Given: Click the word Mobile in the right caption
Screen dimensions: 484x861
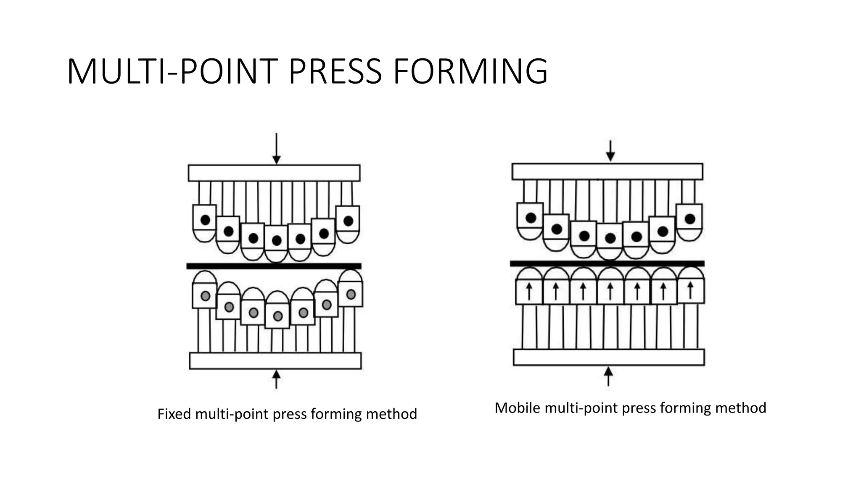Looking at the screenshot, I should tap(517, 408).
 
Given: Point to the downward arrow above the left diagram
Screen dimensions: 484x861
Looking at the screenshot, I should tap(276, 149).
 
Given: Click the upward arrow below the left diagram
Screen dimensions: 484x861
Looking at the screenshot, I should tap(276, 379).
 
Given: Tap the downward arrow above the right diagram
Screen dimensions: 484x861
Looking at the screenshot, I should tap(610, 150).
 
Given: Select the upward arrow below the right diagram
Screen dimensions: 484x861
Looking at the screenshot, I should tap(608, 376).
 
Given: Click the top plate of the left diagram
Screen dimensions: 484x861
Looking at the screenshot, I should tap(274, 173).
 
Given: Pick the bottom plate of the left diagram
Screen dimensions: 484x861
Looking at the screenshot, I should tap(275, 360).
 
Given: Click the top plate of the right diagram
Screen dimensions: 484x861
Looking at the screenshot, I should tap(607, 171).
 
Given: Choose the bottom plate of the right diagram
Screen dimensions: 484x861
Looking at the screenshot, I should tap(609, 357).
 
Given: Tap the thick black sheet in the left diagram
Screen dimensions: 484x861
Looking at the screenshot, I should tap(274, 266).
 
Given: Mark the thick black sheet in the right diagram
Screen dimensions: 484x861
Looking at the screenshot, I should tap(607, 263).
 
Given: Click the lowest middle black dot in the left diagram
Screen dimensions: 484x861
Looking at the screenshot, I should tap(277, 240).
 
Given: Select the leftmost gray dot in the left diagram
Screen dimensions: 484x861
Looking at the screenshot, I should tap(205, 296).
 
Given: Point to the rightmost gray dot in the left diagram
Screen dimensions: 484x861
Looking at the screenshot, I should tap(351, 294).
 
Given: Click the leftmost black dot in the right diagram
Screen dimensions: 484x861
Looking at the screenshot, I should tap(531, 218).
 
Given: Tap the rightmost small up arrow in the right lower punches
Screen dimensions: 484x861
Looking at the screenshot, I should tap(690, 290).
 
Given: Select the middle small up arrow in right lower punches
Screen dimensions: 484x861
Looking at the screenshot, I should tap(610, 291).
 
